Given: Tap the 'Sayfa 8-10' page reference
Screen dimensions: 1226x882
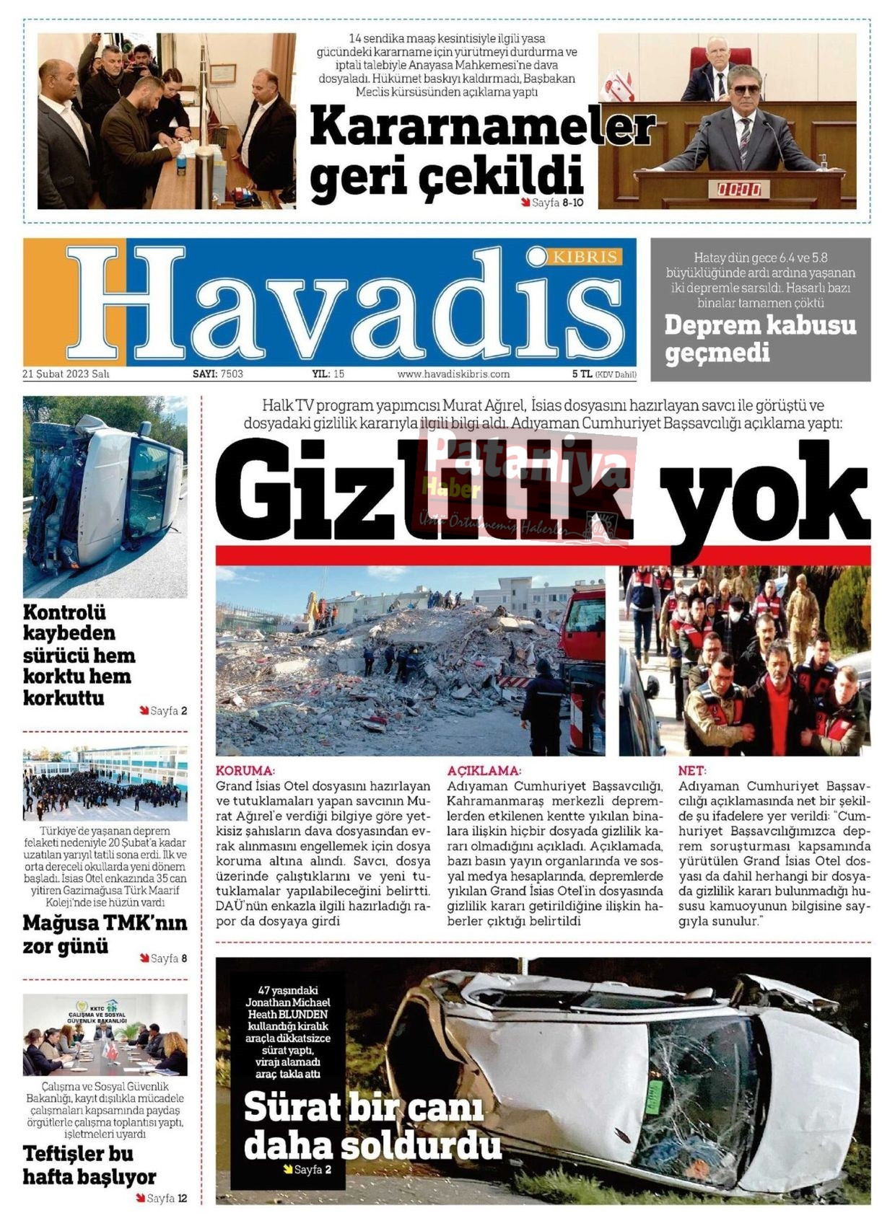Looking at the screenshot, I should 556,203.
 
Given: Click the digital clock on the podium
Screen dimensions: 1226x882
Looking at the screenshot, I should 738,190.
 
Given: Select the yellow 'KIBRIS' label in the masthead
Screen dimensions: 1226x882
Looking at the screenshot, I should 585,257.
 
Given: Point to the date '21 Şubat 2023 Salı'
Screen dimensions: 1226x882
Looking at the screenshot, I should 66,374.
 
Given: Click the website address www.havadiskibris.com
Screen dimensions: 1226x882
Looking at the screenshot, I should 453,374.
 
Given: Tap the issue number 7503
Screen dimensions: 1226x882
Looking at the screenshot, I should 232,374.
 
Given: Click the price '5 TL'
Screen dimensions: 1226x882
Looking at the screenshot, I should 582,374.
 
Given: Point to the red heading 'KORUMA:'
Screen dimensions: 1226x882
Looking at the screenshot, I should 245,770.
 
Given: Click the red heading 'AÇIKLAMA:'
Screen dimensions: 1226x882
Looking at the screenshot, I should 483,770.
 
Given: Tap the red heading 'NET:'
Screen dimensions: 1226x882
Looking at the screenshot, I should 691,770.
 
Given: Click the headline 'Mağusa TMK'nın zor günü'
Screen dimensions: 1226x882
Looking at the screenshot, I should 105,934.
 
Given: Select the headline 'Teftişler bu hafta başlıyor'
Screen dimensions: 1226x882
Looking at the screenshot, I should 89,1165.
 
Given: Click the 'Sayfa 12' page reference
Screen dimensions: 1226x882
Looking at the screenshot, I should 167,1199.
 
